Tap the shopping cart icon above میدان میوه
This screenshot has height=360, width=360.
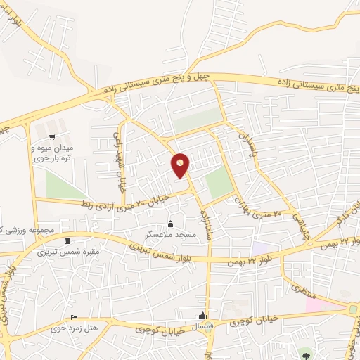click(x=53, y=136)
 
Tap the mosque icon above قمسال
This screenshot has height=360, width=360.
click(x=203, y=314)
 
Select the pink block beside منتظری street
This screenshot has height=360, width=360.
click(x=314, y=304)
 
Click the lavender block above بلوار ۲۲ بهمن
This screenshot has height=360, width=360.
click(x=259, y=249)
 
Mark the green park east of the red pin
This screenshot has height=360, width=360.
click(x=219, y=184)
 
